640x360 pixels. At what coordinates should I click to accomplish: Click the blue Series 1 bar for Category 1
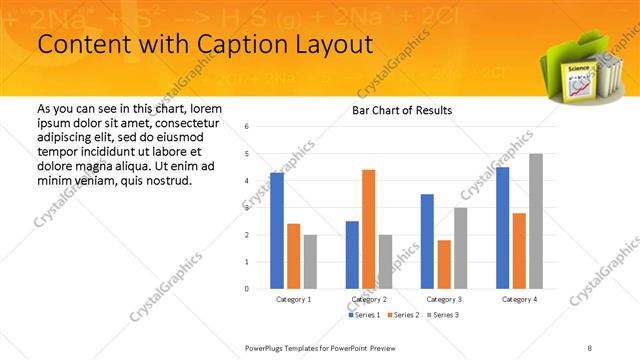tap(277, 230)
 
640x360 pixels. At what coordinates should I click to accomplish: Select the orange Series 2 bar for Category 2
tap(368, 228)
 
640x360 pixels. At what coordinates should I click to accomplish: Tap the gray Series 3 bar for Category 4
tap(536, 221)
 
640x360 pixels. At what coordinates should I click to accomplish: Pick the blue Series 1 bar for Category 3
tap(427, 241)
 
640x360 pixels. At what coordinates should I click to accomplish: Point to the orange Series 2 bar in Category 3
tap(444, 264)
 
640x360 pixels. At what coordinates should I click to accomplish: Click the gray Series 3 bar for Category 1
tap(310, 261)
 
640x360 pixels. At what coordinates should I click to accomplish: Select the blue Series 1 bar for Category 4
tap(502, 227)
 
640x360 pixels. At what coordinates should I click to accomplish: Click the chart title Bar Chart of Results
tap(401, 110)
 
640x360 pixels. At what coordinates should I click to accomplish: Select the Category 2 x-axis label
tap(368, 299)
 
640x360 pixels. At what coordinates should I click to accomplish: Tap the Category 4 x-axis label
tap(519, 299)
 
